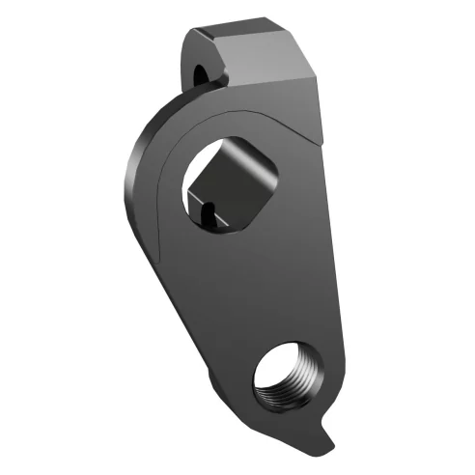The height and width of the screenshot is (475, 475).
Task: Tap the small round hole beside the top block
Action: click(x=201, y=72)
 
